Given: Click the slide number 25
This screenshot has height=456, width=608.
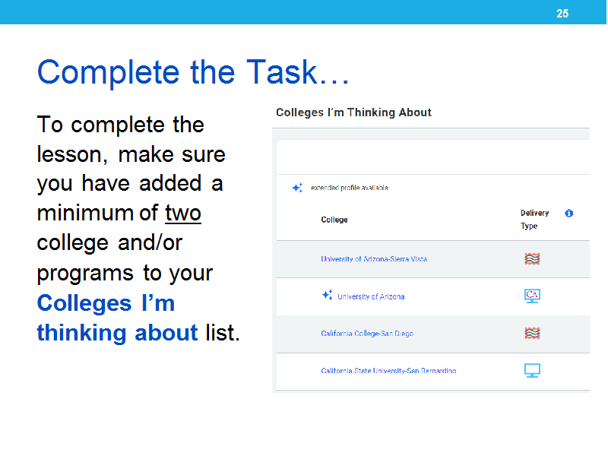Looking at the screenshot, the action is (x=562, y=14).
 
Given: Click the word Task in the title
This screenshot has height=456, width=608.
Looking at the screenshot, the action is (x=282, y=71).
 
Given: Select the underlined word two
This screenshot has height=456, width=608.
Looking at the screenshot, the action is (x=183, y=213).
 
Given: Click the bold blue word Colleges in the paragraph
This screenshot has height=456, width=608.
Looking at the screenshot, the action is (x=84, y=302).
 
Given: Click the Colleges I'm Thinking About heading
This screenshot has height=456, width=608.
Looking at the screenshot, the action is (x=353, y=112).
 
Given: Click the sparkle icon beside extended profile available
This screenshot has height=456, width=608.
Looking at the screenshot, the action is (x=297, y=188).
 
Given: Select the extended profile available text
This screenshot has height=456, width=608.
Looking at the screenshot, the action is (x=350, y=188).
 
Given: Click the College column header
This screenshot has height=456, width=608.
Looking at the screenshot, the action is (x=334, y=220).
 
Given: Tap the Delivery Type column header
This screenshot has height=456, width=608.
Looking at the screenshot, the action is (x=534, y=220).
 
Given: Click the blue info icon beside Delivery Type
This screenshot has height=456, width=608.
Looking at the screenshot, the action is (x=568, y=214).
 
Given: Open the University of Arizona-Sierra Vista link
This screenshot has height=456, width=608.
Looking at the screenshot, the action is (x=374, y=259).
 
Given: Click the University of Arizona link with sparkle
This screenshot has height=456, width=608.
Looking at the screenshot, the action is (x=371, y=296).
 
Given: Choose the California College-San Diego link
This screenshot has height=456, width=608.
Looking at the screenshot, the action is (x=367, y=334).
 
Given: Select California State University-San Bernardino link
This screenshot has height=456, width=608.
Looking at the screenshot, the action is (x=388, y=371).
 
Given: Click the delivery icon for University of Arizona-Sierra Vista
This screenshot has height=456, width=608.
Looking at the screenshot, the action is (x=533, y=258).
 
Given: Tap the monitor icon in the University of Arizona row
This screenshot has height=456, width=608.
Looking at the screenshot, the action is (x=532, y=296).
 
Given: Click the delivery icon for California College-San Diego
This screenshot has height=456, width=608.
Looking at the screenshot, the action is (x=533, y=333).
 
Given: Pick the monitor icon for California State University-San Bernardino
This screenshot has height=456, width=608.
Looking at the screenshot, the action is (x=532, y=370).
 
